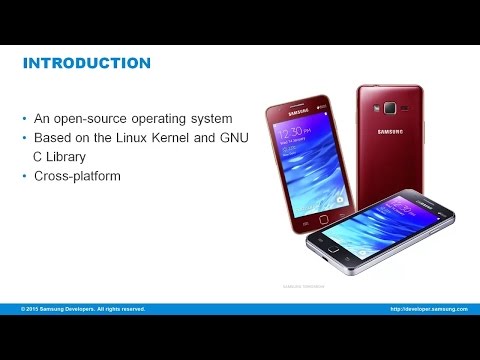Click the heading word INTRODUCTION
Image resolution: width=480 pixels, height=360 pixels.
(87, 64)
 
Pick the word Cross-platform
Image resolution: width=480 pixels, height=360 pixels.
(79, 176)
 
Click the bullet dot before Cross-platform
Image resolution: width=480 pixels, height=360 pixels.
(26, 176)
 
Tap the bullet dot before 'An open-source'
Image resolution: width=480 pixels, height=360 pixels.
(26, 118)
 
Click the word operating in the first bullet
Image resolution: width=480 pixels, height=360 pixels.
(163, 118)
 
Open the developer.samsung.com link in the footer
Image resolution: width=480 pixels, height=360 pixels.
(429, 309)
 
